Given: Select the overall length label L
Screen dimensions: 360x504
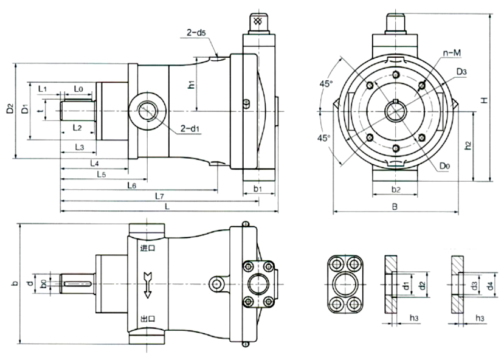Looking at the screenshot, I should point(167,207).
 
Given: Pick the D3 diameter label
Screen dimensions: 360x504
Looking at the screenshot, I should point(461,71).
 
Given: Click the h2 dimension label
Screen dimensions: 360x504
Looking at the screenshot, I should point(467,146).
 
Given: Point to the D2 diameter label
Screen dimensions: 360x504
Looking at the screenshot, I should point(9,110).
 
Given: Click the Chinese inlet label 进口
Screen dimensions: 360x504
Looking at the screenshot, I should point(148,248).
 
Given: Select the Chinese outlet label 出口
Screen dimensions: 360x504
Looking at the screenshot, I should point(148,318).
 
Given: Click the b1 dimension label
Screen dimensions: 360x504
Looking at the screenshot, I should point(257,190).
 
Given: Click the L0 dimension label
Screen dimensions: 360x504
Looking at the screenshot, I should point(78,89).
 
